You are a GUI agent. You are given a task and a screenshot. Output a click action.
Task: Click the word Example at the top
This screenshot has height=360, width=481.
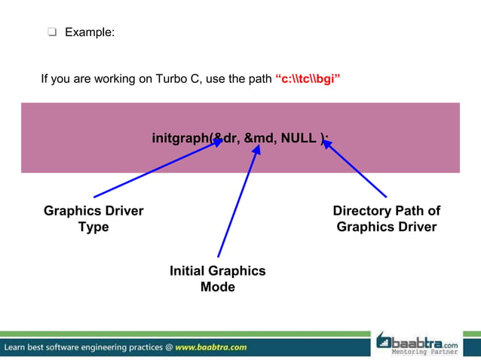(90, 32)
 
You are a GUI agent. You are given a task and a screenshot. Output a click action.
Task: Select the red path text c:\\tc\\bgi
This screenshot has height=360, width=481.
(308, 78)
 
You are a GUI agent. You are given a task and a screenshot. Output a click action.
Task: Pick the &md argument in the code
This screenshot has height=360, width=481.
(261, 138)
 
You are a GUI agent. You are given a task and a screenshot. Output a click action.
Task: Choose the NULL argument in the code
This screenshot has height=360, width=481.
(299, 138)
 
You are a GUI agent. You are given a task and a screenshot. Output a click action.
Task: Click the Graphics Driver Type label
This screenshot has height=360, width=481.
(93, 218)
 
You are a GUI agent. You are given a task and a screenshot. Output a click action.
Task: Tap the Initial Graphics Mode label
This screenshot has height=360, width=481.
(217, 279)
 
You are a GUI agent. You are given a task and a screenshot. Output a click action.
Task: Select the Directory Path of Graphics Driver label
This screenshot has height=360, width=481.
(386, 218)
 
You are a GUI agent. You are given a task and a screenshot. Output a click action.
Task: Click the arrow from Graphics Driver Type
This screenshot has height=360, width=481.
(155, 169)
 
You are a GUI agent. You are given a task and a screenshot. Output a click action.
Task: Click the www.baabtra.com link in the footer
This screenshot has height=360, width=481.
(211, 347)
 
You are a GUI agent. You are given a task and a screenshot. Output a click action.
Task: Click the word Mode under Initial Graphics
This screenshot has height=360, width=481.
(217, 287)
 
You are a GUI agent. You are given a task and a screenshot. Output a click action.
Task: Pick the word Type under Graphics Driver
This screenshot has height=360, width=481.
(93, 227)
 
